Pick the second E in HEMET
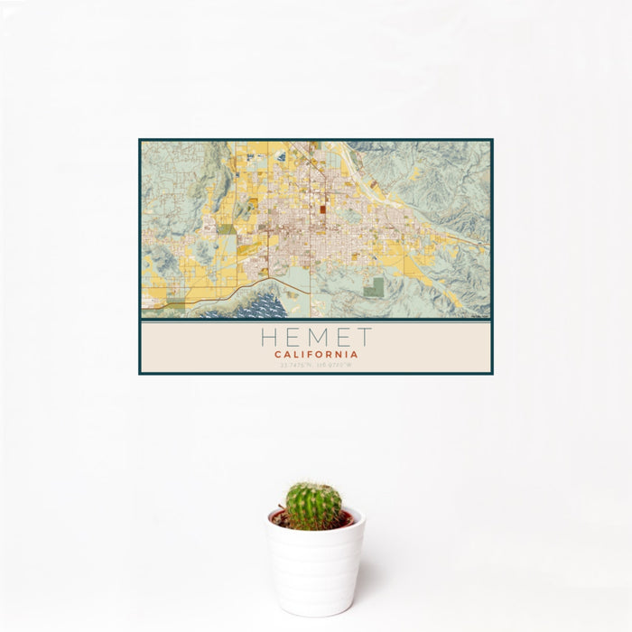tap(341, 338)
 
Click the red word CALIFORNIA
tap(316, 355)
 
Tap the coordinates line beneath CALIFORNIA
tap(316, 365)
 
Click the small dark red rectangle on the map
tap(321, 209)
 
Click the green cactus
tap(313, 506)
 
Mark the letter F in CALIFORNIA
tap(311, 355)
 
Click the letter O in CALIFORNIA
tap(320, 355)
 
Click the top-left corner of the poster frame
tap(140, 140)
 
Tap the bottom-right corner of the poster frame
tap(492, 373)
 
